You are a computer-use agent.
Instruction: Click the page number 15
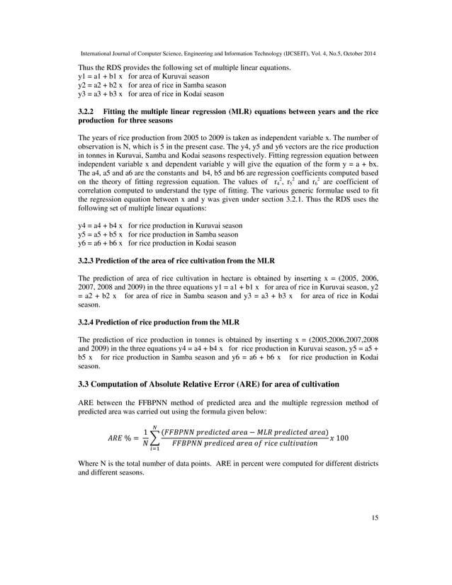(375, 518)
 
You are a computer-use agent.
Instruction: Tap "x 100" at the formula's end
(339, 438)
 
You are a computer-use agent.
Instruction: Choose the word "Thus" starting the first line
(85, 67)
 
